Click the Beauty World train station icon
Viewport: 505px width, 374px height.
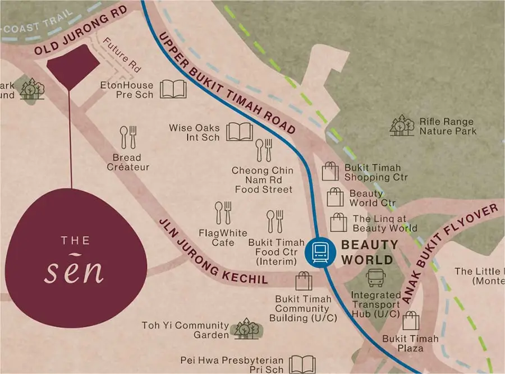click(318, 252)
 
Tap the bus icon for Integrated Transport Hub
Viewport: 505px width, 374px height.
click(375, 278)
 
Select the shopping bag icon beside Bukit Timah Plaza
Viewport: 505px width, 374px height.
click(411, 321)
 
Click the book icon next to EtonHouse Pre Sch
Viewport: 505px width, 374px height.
click(173, 89)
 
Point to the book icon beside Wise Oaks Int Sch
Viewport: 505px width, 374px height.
click(239, 132)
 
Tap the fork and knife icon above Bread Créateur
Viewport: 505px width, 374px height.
click(128, 137)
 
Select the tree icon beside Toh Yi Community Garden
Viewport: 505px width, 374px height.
click(246, 329)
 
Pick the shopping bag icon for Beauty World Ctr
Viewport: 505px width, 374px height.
click(336, 197)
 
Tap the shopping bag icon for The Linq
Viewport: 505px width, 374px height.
click(339, 223)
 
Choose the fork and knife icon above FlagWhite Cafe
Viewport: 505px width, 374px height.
click(223, 214)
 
